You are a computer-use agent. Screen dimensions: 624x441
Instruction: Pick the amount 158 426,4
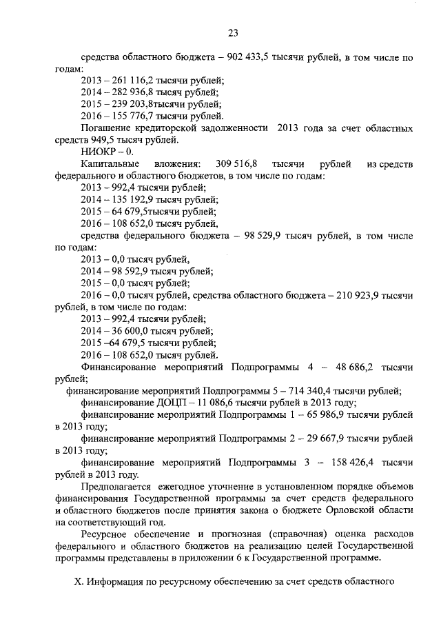tap(340, 462)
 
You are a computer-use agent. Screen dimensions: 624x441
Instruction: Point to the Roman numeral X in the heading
tap(78, 581)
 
